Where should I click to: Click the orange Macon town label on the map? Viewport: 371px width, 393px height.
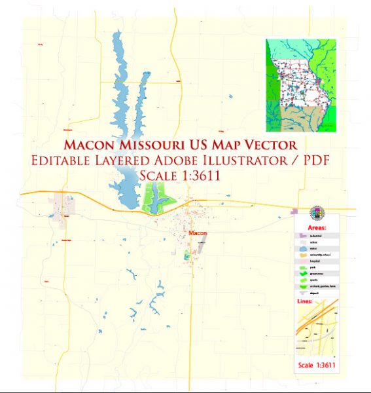click(x=197, y=233)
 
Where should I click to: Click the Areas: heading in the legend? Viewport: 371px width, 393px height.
click(x=317, y=227)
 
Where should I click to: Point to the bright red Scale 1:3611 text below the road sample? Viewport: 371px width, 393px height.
click(x=318, y=364)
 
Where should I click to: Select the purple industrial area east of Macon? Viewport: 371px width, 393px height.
click(x=296, y=212)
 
